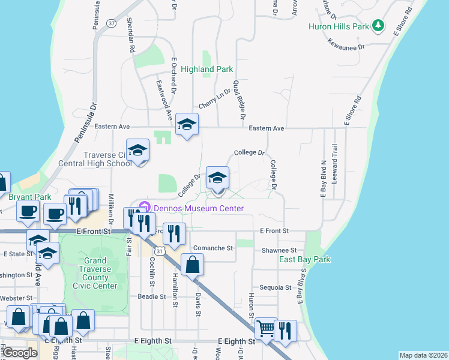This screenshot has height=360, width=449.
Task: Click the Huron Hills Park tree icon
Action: point(378,26)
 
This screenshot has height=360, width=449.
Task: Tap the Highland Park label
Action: point(206,69)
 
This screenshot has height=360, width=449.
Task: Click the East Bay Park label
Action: point(304,259)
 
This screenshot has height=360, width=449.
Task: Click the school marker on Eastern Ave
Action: point(187,125)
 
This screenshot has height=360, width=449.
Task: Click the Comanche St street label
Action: point(212,248)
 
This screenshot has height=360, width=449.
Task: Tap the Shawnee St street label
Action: point(279,250)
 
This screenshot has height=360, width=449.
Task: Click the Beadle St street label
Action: point(151,296)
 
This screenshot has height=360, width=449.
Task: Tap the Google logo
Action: point(20,353)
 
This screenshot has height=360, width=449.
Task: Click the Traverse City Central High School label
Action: point(94,158)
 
